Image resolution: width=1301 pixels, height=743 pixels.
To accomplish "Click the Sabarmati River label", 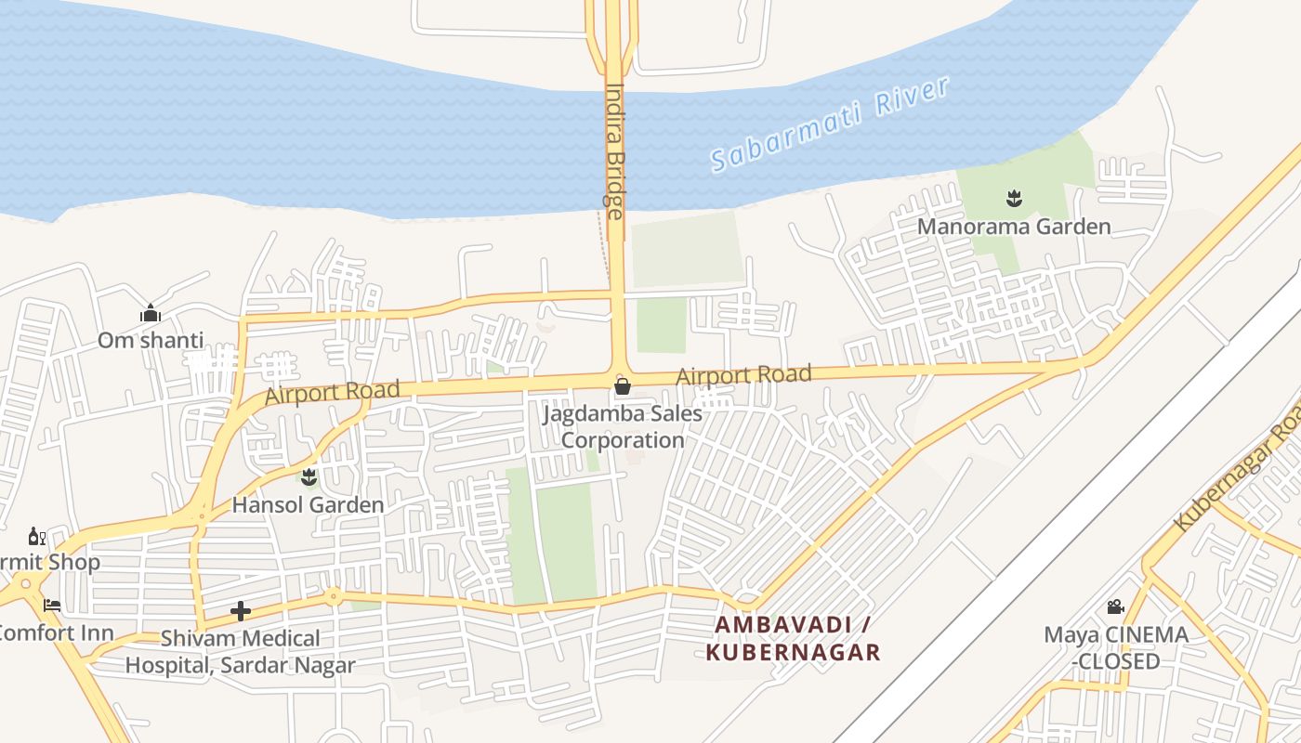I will point(830,124).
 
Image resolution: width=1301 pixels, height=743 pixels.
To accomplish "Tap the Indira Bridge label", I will point(614,151).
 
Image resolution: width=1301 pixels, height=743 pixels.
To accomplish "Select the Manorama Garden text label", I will point(1014,227).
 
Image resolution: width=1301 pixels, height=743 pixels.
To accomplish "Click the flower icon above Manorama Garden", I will point(1013,197).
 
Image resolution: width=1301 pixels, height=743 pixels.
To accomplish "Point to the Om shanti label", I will point(151,340).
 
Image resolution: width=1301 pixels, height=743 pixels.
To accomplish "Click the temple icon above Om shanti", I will point(151,314).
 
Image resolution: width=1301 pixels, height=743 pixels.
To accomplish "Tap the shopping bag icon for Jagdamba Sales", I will point(623,385).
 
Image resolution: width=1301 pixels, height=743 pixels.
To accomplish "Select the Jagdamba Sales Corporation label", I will point(623,426).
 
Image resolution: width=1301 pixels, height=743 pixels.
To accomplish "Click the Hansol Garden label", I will point(308,505).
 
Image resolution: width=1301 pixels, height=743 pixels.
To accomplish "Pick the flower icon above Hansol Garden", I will point(309,478).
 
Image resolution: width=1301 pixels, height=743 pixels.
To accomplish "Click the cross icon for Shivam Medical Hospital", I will point(241,610).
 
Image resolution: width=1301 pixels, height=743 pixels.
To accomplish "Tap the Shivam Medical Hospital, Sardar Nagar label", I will point(241,652).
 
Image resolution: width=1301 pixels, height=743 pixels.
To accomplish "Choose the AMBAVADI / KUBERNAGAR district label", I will point(793,638).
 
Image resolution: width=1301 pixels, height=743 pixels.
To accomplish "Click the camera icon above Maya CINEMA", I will point(1115,607).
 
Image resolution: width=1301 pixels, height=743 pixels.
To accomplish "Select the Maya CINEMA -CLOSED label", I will point(1115,648).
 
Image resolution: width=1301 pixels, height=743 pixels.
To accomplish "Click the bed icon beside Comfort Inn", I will point(52,605).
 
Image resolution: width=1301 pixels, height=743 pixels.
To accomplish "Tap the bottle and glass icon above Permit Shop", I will point(37,537).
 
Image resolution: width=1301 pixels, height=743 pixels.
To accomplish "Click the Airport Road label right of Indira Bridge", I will point(743,375).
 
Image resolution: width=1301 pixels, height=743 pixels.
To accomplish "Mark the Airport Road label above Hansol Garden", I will point(333,392).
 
